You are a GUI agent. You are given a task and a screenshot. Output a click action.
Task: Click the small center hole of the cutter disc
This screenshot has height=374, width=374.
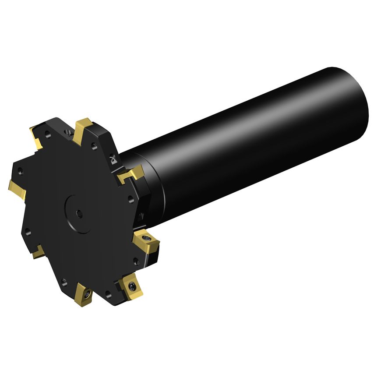(79, 213)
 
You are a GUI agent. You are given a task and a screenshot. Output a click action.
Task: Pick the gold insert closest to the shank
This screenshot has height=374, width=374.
(131, 174)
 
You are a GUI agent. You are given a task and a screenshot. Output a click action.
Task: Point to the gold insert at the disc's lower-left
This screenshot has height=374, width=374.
(38, 251)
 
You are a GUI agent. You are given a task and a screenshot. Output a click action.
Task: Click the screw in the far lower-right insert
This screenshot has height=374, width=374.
(133, 286)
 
